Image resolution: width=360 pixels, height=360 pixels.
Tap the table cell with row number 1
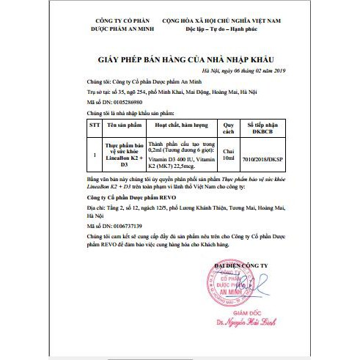[x=94, y=155]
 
